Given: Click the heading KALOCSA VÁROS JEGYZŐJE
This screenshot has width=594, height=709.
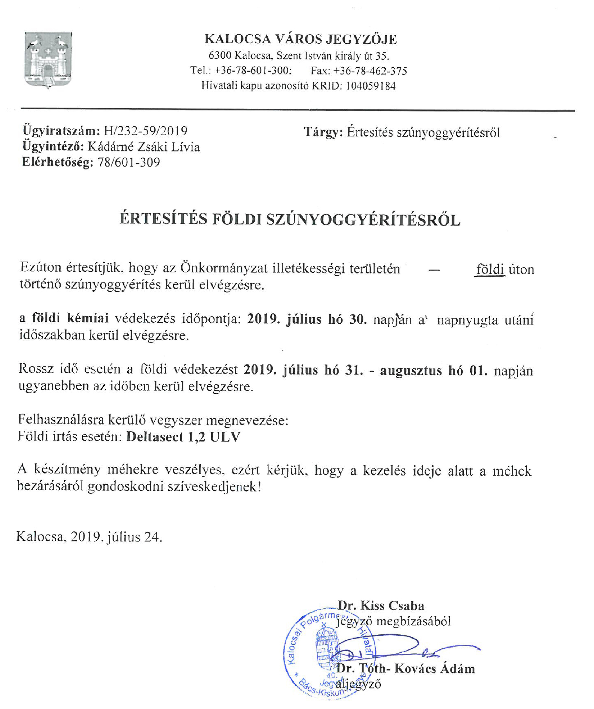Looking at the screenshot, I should (x=301, y=40).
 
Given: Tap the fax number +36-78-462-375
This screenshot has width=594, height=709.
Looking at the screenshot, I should (x=370, y=71).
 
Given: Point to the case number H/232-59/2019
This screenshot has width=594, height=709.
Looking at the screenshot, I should (x=145, y=131).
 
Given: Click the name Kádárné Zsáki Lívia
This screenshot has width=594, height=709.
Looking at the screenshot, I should (x=144, y=147).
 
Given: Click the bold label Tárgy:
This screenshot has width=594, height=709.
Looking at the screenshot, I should (x=323, y=132).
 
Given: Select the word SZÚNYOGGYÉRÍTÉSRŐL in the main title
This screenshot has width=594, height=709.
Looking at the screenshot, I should (x=363, y=220).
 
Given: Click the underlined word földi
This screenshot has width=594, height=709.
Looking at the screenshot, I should (x=490, y=269).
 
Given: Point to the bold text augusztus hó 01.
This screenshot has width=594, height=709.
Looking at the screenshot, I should (x=434, y=370).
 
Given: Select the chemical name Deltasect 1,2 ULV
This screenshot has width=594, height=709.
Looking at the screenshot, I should (x=183, y=437).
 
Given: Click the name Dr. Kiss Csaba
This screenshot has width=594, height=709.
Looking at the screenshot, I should (x=381, y=605).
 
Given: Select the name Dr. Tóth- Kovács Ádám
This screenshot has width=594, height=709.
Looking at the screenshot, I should (x=405, y=669).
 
